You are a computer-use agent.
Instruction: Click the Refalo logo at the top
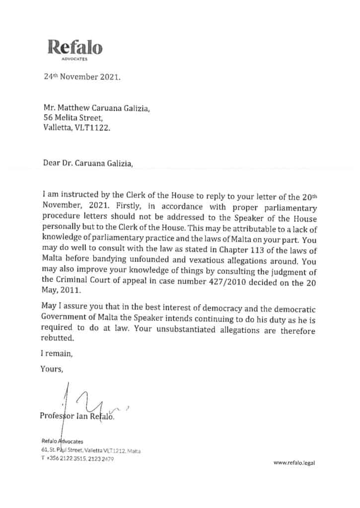pyautogui.click(x=75, y=48)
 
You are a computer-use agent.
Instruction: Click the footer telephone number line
pyautogui.click(x=78, y=459)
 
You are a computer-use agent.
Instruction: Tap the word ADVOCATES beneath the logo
pyautogui.click(x=75, y=60)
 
